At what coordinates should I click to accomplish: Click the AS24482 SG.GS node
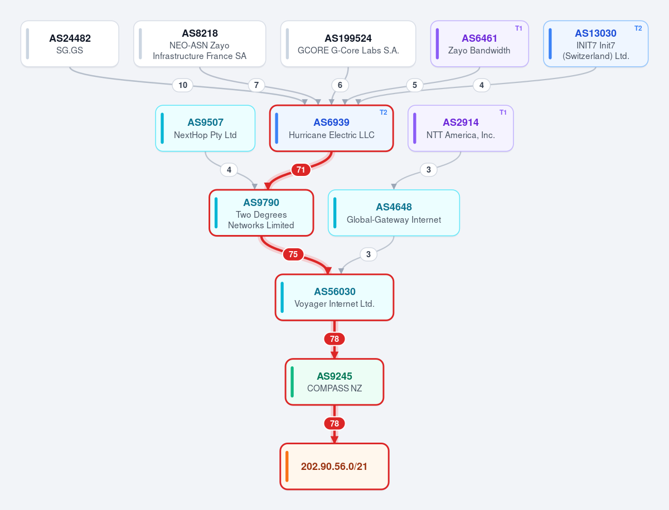tap(70, 44)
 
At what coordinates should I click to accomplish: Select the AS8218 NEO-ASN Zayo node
tap(200, 44)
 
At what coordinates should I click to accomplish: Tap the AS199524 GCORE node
tap(348, 44)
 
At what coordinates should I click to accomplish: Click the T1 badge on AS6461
tap(518, 28)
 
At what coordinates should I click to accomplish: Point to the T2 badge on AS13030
tap(638, 28)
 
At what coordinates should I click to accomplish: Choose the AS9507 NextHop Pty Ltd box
tap(205, 128)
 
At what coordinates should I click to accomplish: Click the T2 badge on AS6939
tap(383, 112)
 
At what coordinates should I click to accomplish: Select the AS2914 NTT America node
tap(460, 128)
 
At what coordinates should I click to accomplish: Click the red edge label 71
tap(301, 169)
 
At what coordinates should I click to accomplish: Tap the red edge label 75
tap(293, 254)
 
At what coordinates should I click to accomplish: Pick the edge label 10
tap(182, 85)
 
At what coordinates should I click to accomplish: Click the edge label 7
tap(256, 85)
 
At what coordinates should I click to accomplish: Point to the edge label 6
tap(340, 85)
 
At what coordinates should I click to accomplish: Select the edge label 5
tap(415, 85)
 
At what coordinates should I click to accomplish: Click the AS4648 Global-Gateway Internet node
tap(394, 213)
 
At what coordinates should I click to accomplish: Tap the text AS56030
tap(334, 292)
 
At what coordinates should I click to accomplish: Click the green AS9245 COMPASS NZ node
tap(334, 382)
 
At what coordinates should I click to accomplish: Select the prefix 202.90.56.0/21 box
tap(334, 467)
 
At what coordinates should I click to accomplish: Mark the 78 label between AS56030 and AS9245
tap(334, 339)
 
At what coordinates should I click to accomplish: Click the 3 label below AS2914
tap(429, 169)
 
